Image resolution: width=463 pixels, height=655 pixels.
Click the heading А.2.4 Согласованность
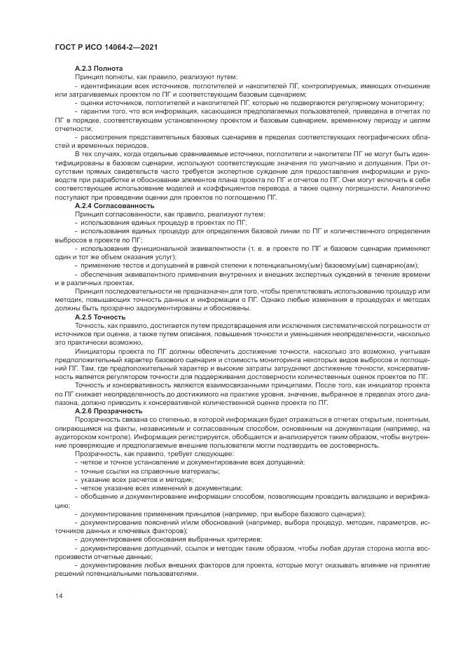point(114,206)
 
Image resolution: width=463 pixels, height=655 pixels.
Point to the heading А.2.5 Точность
point(100,317)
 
